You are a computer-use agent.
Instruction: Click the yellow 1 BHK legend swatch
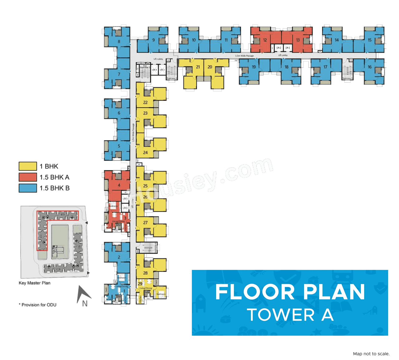click(28, 166)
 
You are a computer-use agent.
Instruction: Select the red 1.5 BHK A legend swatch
click(28, 177)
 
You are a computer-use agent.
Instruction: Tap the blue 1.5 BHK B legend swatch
click(28, 188)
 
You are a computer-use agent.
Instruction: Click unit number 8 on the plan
click(119, 41)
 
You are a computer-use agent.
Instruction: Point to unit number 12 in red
click(265, 40)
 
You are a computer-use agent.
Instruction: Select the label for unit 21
click(198, 67)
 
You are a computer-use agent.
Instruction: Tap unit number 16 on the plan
click(369, 67)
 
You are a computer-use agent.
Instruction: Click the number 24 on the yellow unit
click(145, 153)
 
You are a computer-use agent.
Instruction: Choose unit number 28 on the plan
click(145, 273)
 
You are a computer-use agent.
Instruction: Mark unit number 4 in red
click(119, 185)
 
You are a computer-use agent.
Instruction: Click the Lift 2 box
click(278, 48)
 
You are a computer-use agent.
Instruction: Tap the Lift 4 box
click(154, 70)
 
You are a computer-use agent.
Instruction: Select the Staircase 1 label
click(347, 78)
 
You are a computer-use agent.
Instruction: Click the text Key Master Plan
click(34, 283)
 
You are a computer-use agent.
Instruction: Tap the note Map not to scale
click(371, 353)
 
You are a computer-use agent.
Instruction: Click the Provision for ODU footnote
click(38, 305)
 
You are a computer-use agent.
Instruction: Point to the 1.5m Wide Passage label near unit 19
click(244, 56)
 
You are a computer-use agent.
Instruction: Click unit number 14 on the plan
click(337, 40)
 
